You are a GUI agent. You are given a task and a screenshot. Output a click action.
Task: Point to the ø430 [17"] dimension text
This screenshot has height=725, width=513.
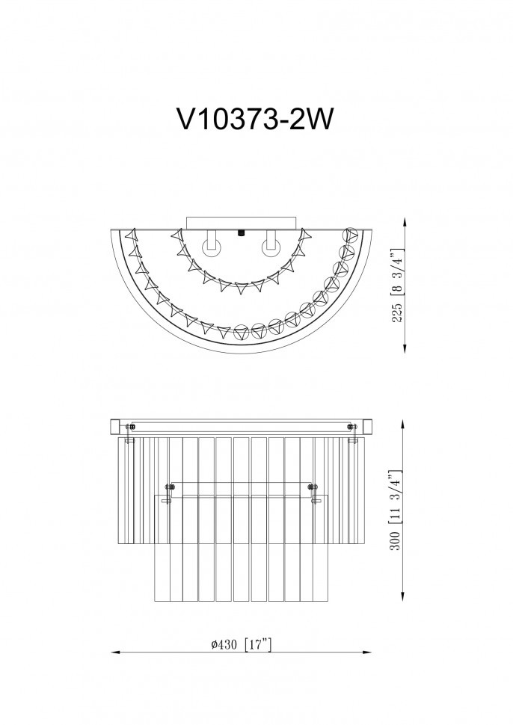[241, 644]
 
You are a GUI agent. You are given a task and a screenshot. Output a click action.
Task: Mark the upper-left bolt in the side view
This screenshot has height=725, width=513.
[132, 427]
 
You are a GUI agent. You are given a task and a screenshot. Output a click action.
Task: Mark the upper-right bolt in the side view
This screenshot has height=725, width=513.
[352, 427]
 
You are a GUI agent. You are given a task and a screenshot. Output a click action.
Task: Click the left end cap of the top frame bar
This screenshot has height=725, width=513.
[117, 427]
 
